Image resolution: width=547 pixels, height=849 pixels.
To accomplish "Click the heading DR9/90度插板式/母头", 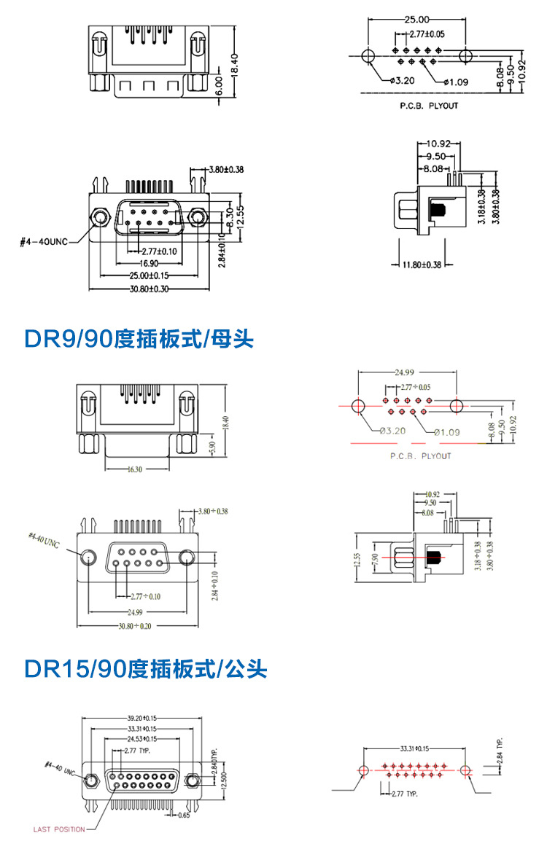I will [x=139, y=339].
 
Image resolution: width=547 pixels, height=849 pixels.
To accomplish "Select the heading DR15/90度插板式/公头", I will [x=146, y=668].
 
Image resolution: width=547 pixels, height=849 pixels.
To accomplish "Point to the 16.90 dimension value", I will [x=150, y=262].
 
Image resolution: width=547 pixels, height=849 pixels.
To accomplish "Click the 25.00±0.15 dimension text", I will [x=149, y=275].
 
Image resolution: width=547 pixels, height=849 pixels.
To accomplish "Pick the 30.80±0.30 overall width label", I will [x=149, y=289].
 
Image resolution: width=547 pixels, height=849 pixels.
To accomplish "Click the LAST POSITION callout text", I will [x=59, y=829].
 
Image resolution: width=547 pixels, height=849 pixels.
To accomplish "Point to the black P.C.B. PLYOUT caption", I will [x=429, y=106].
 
